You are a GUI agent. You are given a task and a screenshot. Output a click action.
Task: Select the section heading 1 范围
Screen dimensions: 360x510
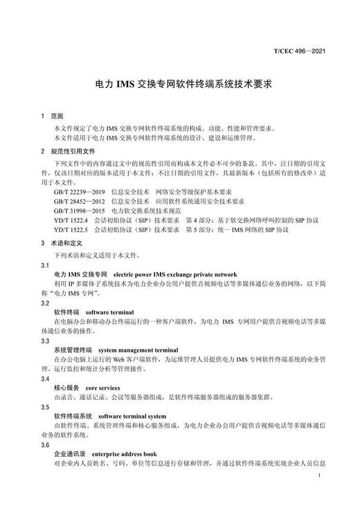pyautogui.click(x=52, y=116)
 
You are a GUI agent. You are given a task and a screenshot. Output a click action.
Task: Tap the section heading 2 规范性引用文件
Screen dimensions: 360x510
pyautogui.click(x=72, y=149)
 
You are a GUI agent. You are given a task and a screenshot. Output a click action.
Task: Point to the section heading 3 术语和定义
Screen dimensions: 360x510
pyautogui.click(x=66, y=242)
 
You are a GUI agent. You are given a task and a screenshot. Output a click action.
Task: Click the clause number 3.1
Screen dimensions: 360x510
pyautogui.click(x=45, y=265)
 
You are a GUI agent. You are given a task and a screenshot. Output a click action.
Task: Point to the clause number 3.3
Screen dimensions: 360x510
pyautogui.click(x=45, y=340)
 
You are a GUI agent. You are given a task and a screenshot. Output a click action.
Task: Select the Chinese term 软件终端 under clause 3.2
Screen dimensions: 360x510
pyautogui.click(x=66, y=313)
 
